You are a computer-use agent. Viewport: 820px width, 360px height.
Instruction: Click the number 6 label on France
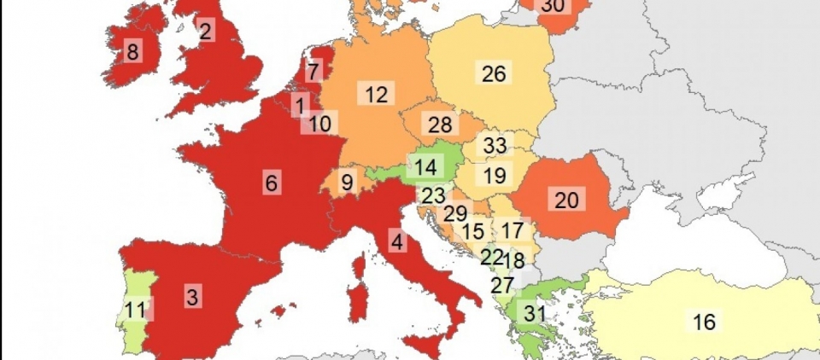272,183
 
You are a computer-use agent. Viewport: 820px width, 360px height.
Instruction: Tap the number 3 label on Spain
193,298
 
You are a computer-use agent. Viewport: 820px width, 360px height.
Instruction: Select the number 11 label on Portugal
135,309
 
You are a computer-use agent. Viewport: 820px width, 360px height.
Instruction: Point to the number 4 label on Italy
396,241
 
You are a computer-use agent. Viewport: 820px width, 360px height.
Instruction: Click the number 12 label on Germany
376,94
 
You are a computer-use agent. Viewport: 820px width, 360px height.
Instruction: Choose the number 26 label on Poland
494,73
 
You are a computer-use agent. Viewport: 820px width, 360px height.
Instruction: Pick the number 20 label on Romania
566,200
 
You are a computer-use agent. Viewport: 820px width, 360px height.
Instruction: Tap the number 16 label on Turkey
704,322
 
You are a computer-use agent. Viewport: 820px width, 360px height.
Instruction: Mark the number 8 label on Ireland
132,52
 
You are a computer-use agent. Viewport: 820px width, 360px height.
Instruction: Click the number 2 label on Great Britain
206,32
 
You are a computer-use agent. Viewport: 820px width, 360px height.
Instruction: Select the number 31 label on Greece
535,313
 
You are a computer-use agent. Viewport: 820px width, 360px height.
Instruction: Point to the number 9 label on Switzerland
347,182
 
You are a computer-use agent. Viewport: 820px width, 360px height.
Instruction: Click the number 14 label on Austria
425,165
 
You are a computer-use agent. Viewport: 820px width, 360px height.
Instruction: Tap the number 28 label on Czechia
440,125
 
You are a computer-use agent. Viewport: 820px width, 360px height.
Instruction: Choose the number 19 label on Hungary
494,177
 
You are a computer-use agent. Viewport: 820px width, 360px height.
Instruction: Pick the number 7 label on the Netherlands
314,72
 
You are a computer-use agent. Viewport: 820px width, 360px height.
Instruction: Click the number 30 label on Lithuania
553,6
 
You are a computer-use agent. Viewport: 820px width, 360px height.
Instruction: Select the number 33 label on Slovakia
495,145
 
